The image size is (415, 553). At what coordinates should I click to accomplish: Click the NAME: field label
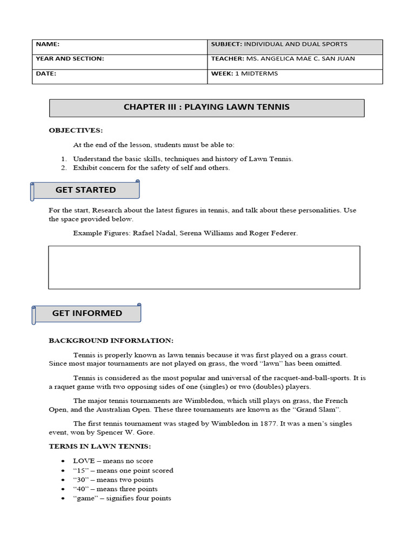click(48, 45)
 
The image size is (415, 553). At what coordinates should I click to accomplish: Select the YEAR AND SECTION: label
click(70, 59)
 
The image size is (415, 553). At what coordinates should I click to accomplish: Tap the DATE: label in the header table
click(46, 73)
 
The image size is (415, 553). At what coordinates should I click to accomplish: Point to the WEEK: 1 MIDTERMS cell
click(244, 73)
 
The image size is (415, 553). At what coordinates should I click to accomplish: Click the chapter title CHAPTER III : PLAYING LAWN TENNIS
click(206, 107)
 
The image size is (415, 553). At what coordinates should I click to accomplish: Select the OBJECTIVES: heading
click(76, 131)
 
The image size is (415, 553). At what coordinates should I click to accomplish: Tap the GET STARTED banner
click(85, 190)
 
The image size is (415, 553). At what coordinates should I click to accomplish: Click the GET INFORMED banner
click(87, 313)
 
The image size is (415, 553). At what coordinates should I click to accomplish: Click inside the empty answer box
click(204, 267)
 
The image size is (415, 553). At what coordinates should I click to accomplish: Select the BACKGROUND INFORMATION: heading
click(111, 341)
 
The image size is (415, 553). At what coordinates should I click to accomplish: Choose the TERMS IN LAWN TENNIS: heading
click(100, 447)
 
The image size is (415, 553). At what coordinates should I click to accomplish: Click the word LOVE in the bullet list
click(84, 461)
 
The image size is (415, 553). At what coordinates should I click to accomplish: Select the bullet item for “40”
click(115, 489)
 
